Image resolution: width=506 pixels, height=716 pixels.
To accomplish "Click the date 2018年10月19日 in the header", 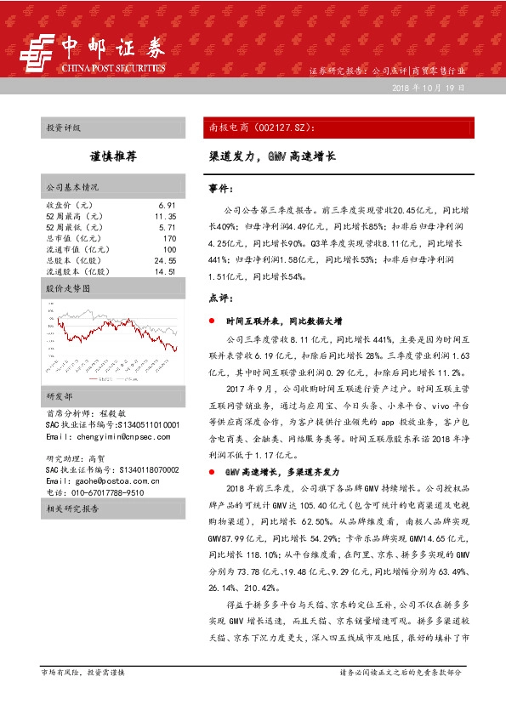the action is click(x=429, y=88).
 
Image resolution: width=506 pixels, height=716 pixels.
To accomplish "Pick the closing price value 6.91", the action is click(x=167, y=206).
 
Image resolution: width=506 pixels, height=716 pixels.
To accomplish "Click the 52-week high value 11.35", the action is click(x=165, y=217).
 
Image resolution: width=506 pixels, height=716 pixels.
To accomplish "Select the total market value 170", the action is click(x=168, y=239).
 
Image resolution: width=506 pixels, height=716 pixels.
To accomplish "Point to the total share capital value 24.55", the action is click(x=165, y=261).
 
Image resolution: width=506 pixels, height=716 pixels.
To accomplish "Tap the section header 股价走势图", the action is click(x=67, y=289).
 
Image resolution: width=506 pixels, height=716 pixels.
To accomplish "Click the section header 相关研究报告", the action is click(x=72, y=509).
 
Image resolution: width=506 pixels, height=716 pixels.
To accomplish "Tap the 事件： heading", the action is click(x=222, y=187).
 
